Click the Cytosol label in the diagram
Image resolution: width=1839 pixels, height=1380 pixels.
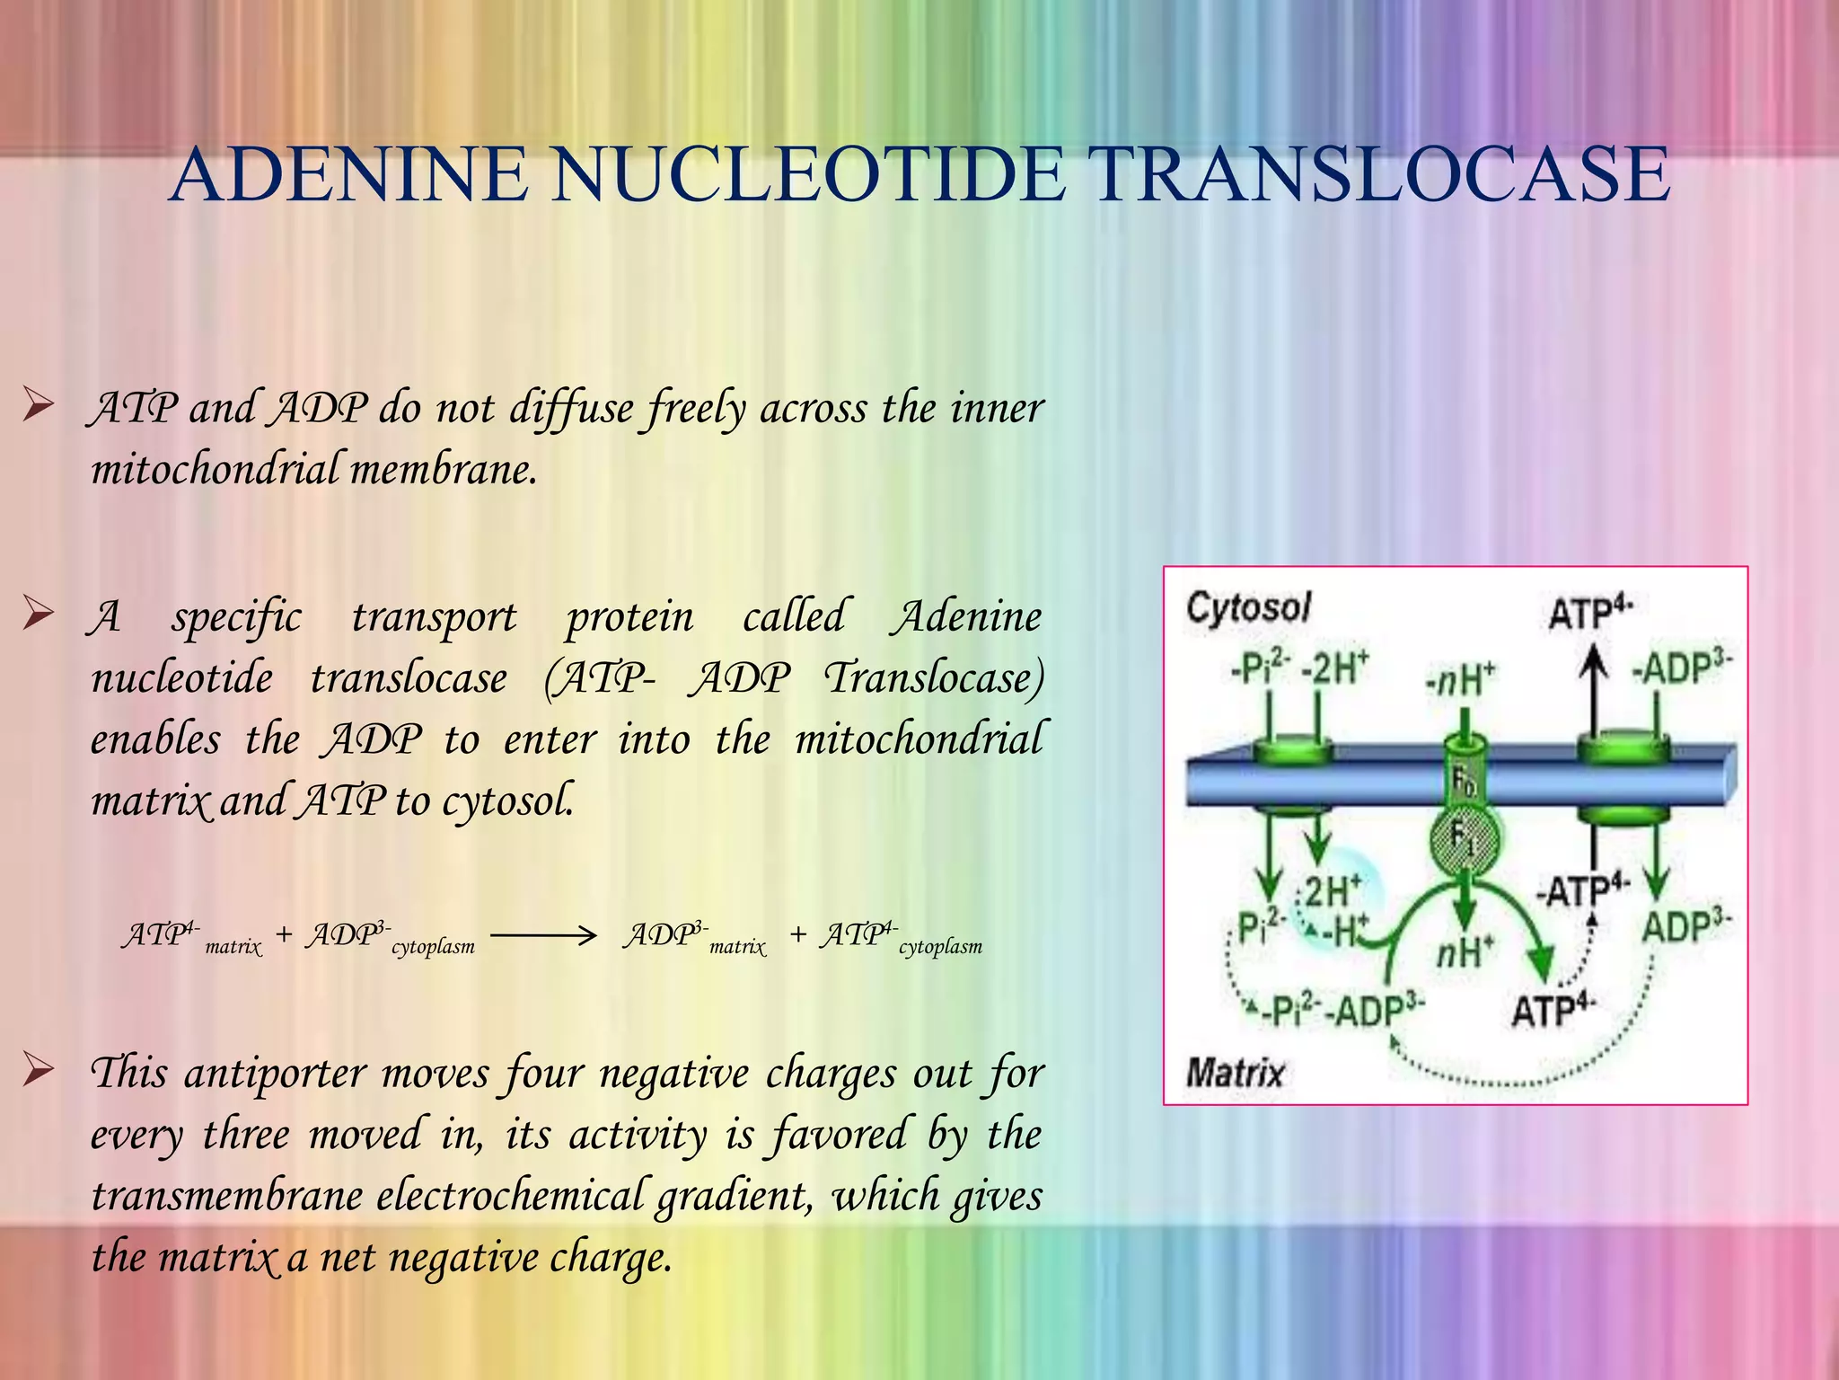1248,608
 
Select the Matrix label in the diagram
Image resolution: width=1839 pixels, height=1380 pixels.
1235,1073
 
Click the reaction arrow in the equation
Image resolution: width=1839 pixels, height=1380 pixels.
544,937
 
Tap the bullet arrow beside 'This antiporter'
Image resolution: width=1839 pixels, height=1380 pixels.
39,1070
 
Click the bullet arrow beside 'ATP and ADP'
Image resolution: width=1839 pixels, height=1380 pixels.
39,406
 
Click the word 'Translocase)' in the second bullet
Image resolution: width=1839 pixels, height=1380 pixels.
935,678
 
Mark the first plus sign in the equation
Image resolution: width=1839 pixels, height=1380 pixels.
284,935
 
